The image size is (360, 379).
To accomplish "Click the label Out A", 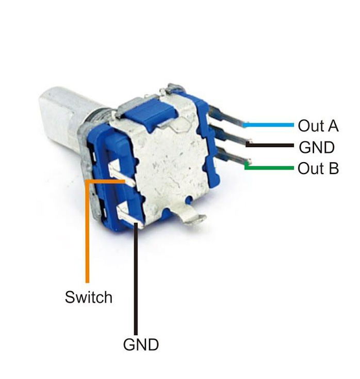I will click(318, 125).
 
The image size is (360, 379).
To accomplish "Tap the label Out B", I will click(318, 168).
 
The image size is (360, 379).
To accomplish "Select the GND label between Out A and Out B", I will click(317, 148).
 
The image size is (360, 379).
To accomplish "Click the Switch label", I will click(88, 297).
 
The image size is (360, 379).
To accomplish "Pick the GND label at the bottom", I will click(141, 344).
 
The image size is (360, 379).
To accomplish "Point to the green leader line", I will click(271, 168).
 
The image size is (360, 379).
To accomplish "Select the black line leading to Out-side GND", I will click(271, 146).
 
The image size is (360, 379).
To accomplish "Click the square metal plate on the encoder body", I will click(165, 160).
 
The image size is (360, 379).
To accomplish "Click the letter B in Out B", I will click(333, 168).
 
